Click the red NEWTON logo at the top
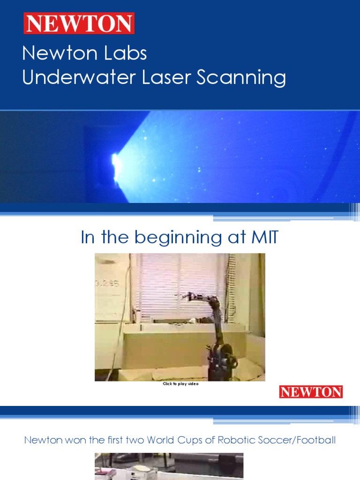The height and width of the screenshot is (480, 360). tap(79, 23)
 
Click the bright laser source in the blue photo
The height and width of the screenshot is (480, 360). tap(115, 162)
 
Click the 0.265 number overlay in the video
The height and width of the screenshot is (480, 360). tap(107, 283)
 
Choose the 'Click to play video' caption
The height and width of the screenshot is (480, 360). tap(180, 384)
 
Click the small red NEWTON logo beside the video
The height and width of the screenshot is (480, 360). tap(311, 392)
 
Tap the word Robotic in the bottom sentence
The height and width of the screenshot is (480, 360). tap(240, 440)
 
